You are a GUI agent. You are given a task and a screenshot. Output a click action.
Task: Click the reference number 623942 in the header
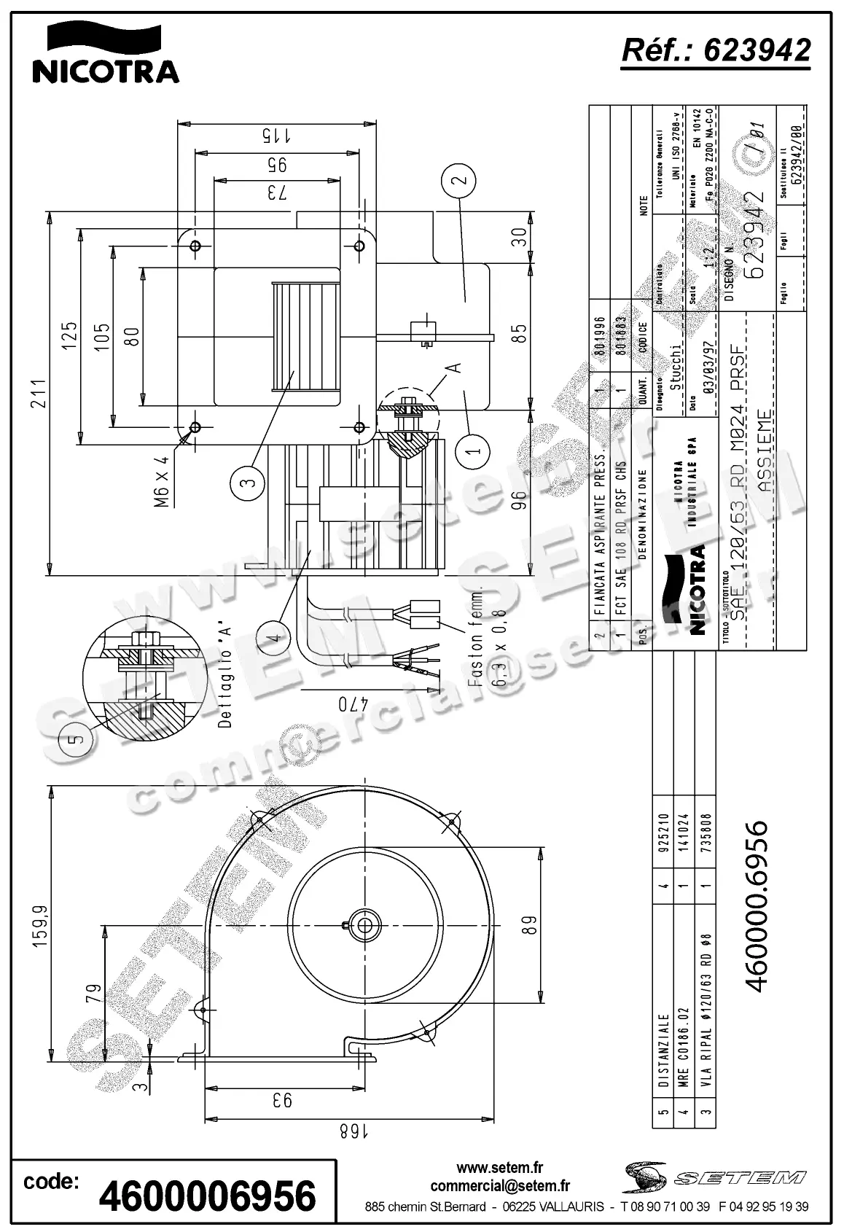pos(715,50)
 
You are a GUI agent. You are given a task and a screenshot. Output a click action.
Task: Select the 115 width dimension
pos(276,136)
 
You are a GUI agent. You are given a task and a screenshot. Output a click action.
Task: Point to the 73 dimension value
pos(276,192)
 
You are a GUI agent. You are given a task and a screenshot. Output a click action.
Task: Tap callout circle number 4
pos(274,637)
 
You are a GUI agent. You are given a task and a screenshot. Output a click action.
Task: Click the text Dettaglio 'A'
pos(224,677)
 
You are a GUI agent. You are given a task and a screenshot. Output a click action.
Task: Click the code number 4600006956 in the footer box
pos(208,1196)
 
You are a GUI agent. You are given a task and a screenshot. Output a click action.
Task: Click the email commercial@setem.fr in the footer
pos(500,1186)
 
